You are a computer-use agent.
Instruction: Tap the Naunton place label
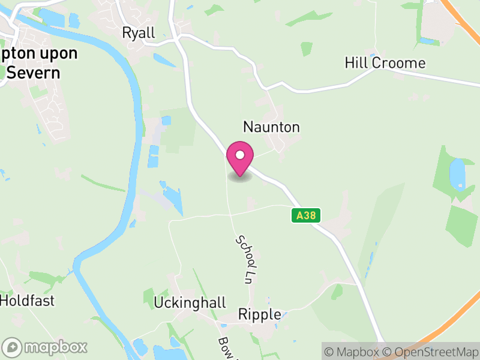tap(271, 127)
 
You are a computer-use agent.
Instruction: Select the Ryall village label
tap(139, 32)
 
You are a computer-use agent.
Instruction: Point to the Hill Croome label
tap(385, 63)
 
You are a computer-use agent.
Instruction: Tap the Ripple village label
tap(260, 314)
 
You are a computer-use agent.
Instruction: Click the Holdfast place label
tap(27, 299)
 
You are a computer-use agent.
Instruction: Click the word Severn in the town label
tap(34, 73)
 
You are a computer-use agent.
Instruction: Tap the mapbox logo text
tap(56, 347)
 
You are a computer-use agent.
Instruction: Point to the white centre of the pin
tap(240, 155)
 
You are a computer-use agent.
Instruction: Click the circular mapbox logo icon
tap(13, 347)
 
